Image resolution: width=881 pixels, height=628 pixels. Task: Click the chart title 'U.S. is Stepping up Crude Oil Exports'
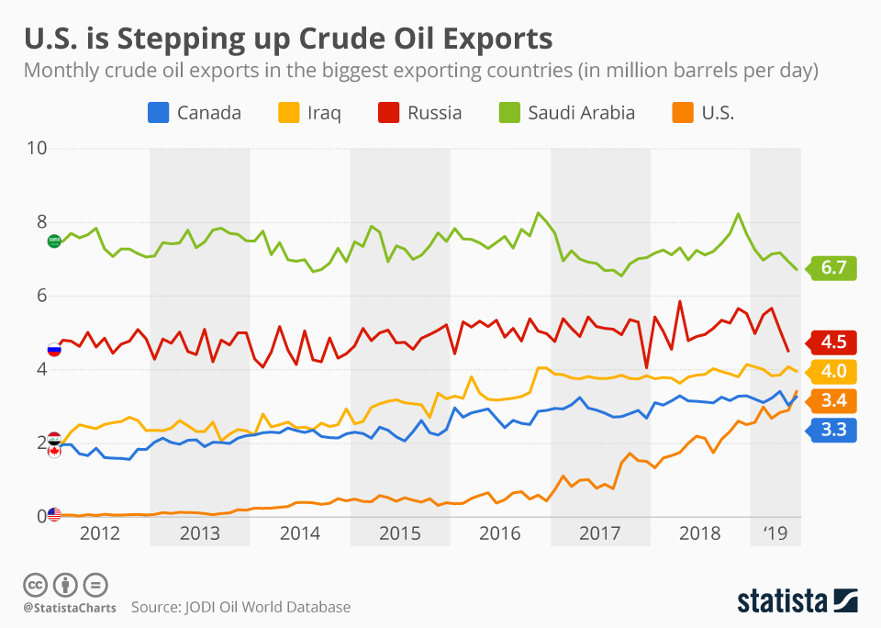pyautogui.click(x=288, y=39)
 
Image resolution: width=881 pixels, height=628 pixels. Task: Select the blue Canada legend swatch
pyautogui.click(x=158, y=113)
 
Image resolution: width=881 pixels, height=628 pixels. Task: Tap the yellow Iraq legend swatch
pyautogui.click(x=288, y=113)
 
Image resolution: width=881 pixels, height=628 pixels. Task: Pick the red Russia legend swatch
pyautogui.click(x=389, y=113)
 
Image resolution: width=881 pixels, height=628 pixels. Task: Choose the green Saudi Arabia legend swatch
pyautogui.click(x=509, y=113)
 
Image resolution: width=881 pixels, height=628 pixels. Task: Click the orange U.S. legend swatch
pyautogui.click(x=683, y=113)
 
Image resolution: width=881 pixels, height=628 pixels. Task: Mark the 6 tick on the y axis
pyautogui.click(x=38, y=296)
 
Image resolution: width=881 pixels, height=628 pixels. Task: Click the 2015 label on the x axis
pyautogui.click(x=399, y=533)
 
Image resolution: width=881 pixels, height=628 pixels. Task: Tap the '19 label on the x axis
pyautogui.click(x=775, y=533)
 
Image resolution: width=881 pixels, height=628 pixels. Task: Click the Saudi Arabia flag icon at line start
pyautogui.click(x=54, y=241)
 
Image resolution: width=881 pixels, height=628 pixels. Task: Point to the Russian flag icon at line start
pyautogui.click(x=54, y=349)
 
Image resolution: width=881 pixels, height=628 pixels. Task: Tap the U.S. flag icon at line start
pyautogui.click(x=54, y=514)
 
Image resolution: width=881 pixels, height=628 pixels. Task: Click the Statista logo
pyautogui.click(x=797, y=601)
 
